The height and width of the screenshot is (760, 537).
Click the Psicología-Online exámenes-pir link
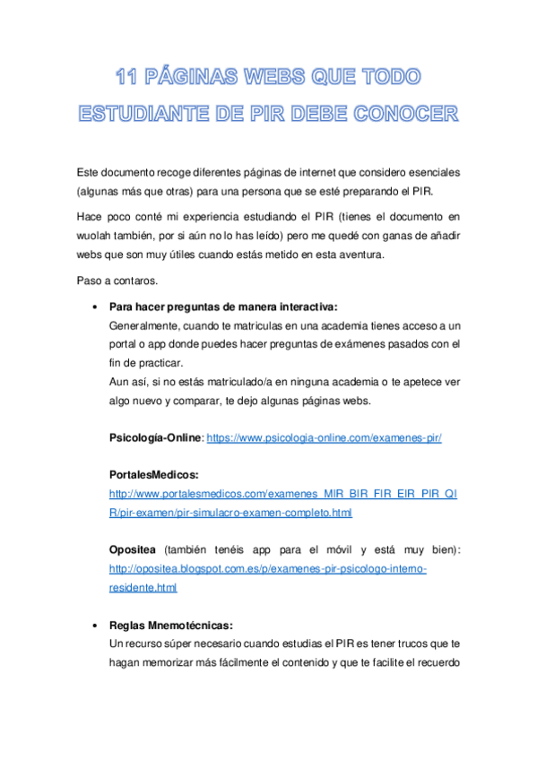pos(325,438)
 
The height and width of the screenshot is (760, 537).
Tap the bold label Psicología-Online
pos(156,438)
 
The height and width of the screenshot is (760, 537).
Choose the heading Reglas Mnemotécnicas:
pos(170,626)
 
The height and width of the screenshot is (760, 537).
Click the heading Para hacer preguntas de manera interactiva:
pos(222,307)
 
